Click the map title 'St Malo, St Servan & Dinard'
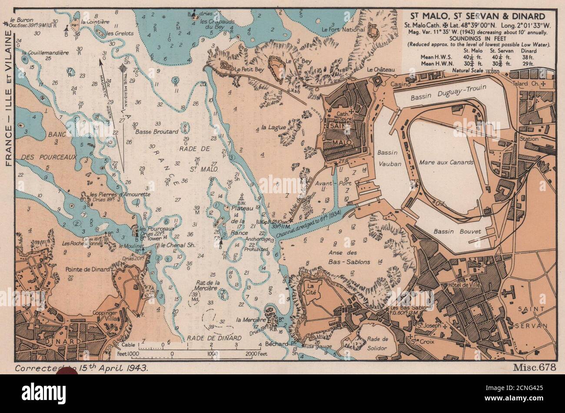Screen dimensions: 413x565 click(475, 16)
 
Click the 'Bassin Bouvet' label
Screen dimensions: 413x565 click(458, 231)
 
